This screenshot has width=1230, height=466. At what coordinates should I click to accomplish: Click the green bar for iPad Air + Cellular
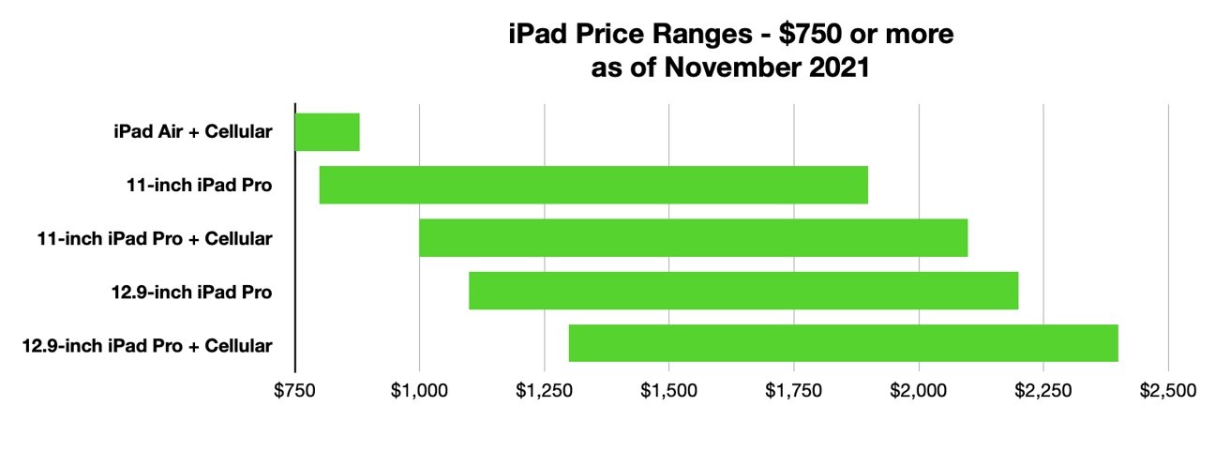pos(327,132)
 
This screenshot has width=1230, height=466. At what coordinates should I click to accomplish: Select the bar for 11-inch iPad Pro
pos(593,185)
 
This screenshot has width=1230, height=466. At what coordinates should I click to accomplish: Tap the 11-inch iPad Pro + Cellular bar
pos(693,238)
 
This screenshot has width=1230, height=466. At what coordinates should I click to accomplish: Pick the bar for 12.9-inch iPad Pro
pos(742,291)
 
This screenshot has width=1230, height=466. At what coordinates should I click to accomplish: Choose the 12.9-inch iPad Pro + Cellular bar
pos(843,343)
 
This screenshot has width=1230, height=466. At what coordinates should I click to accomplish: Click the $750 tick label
pos(294,391)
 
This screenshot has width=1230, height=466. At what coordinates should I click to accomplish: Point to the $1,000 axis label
pos(419,391)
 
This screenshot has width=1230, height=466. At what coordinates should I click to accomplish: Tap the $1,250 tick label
pos(544,391)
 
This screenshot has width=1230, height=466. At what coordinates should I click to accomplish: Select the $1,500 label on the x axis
pos(668,391)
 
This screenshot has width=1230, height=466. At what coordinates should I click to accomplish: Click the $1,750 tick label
pos(794,391)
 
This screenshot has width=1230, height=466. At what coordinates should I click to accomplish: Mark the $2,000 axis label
pos(919,391)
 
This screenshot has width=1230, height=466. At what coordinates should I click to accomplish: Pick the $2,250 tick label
pos(1043,391)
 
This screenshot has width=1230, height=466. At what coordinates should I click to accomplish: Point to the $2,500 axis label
pos(1168,391)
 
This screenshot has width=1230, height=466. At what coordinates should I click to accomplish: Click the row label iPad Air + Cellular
pos(191,132)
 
